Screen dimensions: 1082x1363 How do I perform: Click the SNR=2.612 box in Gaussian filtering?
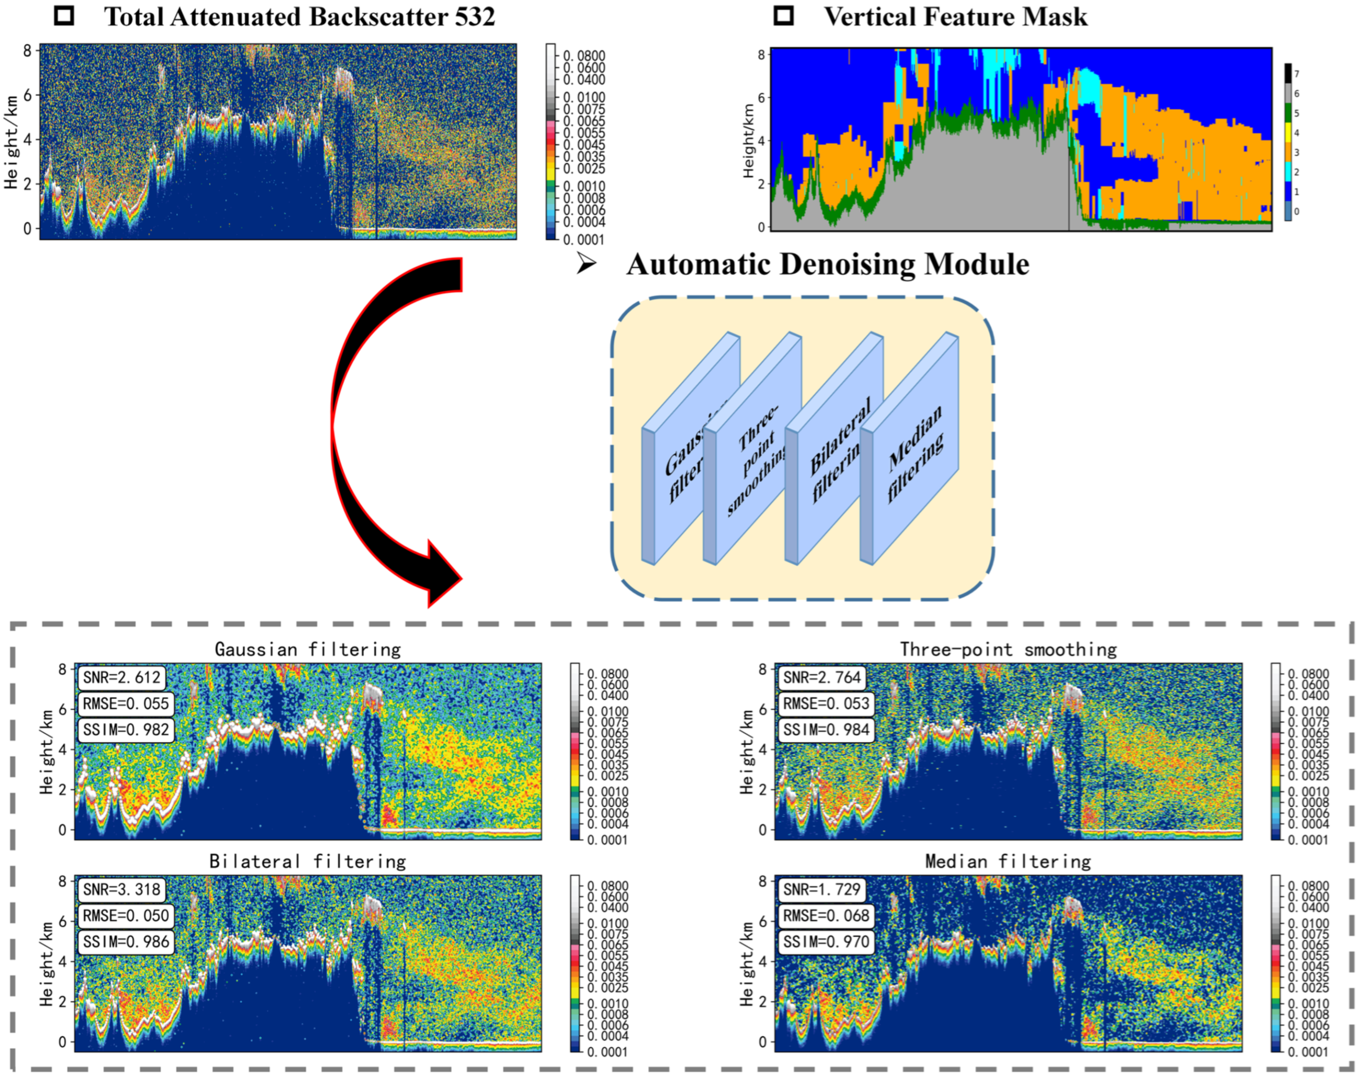[121, 677]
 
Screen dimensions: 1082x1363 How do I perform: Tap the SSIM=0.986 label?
[126, 942]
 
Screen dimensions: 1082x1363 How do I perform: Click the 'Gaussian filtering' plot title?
[308, 649]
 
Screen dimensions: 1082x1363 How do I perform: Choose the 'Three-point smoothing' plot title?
[1008, 649]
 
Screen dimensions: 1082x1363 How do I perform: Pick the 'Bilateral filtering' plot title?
[308, 861]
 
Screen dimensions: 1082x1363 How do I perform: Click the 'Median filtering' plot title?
[1008, 861]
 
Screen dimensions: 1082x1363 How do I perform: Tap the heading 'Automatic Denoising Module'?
[828, 264]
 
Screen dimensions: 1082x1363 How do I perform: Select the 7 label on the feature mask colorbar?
[1297, 74]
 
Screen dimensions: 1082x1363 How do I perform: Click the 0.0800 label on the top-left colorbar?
[584, 56]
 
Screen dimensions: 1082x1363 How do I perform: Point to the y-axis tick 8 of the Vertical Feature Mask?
[761, 54]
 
